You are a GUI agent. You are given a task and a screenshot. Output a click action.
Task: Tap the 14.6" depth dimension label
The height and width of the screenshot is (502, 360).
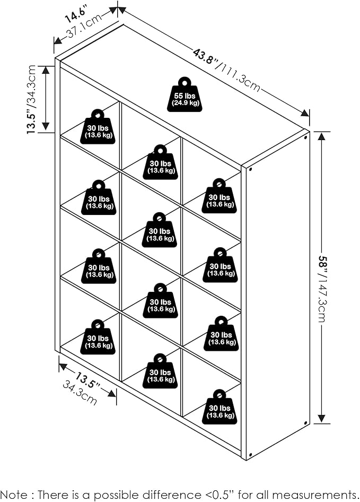[76, 14]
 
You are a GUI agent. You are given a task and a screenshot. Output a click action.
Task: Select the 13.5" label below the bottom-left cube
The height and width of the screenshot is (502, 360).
[87, 380]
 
